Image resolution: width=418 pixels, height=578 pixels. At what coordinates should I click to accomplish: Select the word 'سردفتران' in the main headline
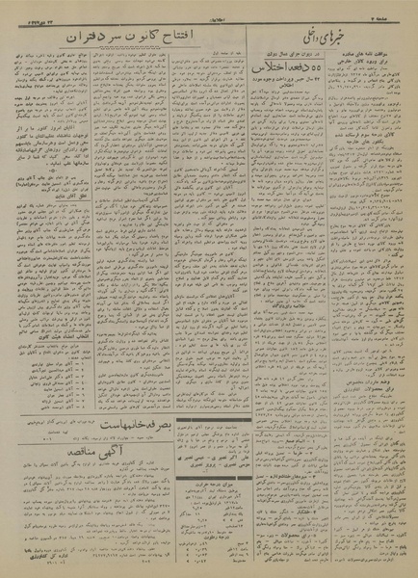click(91, 37)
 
